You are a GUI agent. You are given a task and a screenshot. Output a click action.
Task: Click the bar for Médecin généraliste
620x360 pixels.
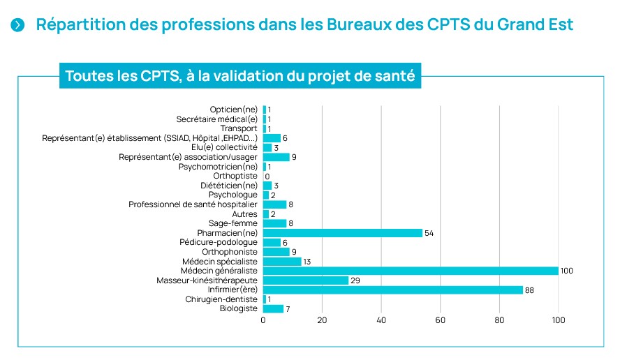(411, 271)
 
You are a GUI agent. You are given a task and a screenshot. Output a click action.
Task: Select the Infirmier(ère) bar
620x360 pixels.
(392, 290)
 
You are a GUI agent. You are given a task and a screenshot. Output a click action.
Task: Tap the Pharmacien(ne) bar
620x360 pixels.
(342, 233)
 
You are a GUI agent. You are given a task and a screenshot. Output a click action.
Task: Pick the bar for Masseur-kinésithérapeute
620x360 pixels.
(305, 280)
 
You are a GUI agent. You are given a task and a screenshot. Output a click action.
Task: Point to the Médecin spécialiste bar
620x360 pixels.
(282, 262)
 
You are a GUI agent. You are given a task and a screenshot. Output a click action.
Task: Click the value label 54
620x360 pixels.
(429, 233)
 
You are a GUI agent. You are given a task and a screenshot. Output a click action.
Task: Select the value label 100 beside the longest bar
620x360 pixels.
(567, 271)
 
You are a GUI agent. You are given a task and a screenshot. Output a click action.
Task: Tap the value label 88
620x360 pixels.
(531, 290)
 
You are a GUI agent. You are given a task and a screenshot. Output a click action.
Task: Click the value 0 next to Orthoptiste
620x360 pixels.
(267, 177)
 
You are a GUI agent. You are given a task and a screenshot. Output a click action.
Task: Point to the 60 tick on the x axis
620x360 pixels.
(441, 321)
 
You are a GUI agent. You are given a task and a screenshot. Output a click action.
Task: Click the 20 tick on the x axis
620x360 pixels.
(322, 321)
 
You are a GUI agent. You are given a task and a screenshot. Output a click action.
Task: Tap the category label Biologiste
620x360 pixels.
(239, 308)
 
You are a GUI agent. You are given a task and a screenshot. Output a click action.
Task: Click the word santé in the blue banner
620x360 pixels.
(393, 76)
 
